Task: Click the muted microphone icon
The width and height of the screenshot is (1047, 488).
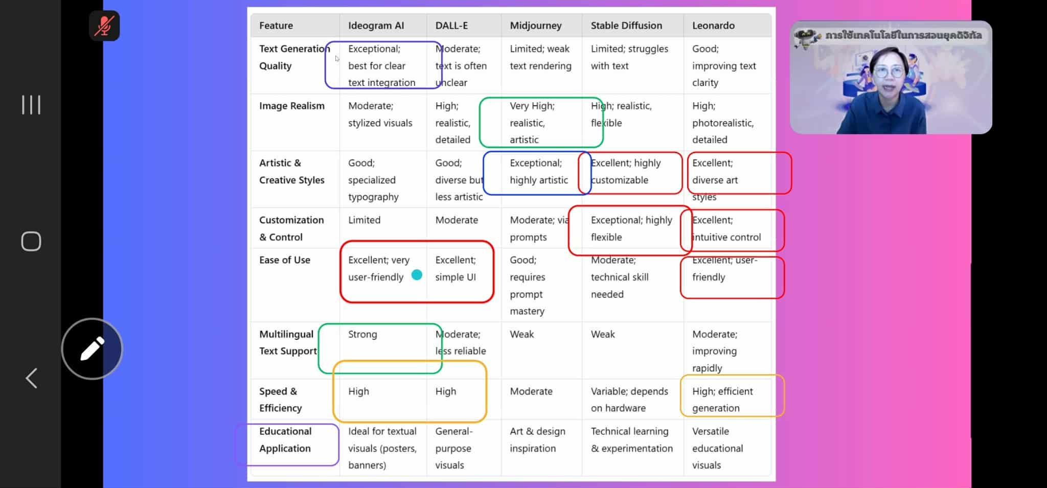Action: tap(104, 26)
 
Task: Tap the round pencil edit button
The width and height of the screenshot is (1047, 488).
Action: tap(92, 349)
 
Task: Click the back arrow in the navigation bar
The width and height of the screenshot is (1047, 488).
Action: tap(32, 378)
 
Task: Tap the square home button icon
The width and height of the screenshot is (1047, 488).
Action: tap(31, 241)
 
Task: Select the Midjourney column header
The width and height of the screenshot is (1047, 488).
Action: tap(535, 26)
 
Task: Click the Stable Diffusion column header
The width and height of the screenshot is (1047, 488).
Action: tap(626, 26)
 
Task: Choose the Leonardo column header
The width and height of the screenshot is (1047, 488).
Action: tap(713, 26)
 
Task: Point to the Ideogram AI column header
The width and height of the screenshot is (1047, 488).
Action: tap(376, 26)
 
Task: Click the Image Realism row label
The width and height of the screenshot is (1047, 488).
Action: tap(291, 106)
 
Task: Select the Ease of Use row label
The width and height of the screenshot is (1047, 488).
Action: tap(284, 260)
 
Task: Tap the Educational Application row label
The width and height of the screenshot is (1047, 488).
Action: tap(285, 439)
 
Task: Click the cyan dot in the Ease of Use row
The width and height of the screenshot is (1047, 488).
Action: tap(417, 275)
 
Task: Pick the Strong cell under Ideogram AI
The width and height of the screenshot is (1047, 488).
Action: tap(362, 334)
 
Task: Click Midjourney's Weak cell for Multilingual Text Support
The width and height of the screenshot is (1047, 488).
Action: tap(521, 334)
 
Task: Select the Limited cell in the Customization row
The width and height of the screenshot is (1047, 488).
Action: tap(364, 220)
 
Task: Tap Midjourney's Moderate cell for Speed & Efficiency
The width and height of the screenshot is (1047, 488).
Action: tap(531, 391)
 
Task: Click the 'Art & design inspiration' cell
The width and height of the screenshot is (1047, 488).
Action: tap(537, 439)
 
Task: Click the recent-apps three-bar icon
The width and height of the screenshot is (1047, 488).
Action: tap(31, 105)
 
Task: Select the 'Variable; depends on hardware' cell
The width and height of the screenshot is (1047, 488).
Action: tap(629, 400)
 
